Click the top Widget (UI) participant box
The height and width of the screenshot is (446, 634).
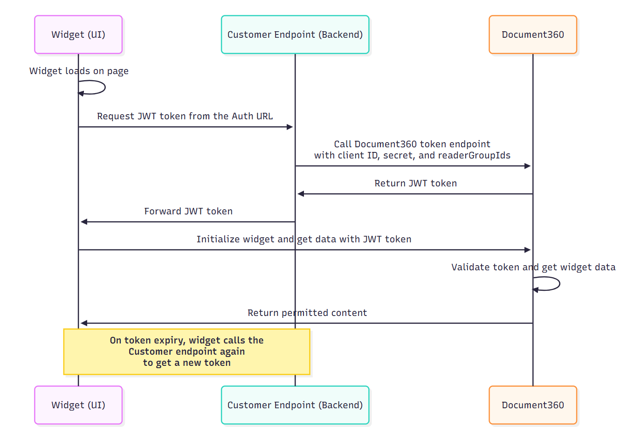pyautogui.click(x=78, y=35)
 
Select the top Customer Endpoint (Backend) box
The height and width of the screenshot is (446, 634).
pyautogui.click(x=295, y=35)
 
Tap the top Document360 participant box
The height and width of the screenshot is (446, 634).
pyautogui.click(x=533, y=35)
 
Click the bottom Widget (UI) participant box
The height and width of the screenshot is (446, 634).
pyautogui.click(x=78, y=405)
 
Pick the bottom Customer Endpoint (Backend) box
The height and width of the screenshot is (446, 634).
pyautogui.click(x=295, y=405)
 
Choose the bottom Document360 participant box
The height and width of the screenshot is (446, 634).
pyautogui.click(x=533, y=405)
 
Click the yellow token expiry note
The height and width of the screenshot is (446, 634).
pyautogui.click(x=186, y=352)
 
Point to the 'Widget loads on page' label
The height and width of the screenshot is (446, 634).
pyautogui.click(x=79, y=71)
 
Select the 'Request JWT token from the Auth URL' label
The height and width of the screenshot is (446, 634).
pyautogui.click(x=185, y=116)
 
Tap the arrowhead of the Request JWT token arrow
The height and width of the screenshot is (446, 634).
pyautogui.click(x=290, y=127)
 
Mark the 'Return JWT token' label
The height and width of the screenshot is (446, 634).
pyautogui.click(x=415, y=183)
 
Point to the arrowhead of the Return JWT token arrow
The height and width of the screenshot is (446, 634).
pyautogui.click(x=301, y=194)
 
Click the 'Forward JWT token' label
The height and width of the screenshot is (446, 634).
pyautogui.click(x=188, y=211)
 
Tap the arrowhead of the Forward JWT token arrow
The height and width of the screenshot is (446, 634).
pyautogui.click(x=84, y=222)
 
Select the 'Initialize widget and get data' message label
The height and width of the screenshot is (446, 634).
pyautogui.click(x=303, y=239)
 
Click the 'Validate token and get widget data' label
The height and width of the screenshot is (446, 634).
pyautogui.click(x=533, y=267)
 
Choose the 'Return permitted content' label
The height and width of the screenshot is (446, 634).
pyautogui.click(x=307, y=313)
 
